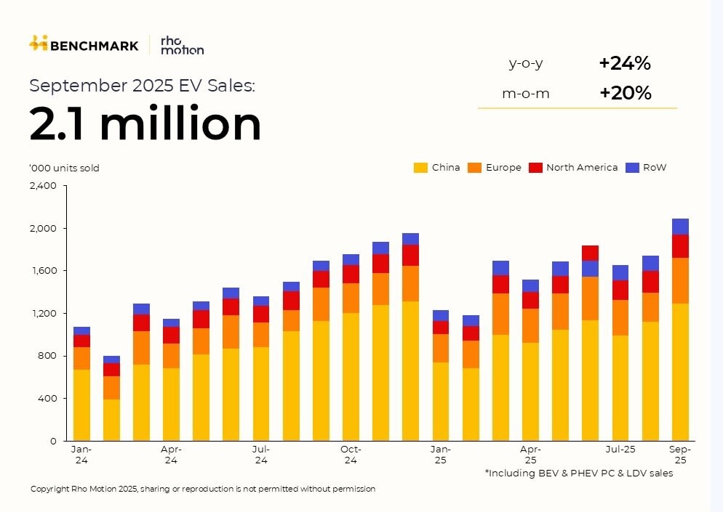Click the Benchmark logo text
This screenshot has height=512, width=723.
pos(94,45)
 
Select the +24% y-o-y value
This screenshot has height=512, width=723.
pos(624,63)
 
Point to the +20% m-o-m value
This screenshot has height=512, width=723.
pos(625,93)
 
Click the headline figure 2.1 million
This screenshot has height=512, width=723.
pos(145,123)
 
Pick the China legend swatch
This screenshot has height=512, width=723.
pos(420,168)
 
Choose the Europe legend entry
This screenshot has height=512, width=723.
pos(495,168)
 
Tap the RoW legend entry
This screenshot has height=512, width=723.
pos(646,168)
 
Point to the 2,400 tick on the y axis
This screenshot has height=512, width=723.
pos(43,186)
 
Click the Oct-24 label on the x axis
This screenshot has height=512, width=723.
pos(351,455)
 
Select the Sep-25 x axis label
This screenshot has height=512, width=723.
pos(680,455)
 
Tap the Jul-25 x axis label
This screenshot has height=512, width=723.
pos(620,450)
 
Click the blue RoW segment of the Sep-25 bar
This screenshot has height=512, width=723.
pos(680,227)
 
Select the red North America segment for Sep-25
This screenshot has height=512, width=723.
pos(680,246)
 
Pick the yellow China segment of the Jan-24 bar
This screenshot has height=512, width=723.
pos(81,405)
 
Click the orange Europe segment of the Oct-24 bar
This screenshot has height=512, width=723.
pos(351,298)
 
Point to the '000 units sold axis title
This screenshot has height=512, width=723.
pos(64,168)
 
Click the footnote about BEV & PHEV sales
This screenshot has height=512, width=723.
pos(579,474)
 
